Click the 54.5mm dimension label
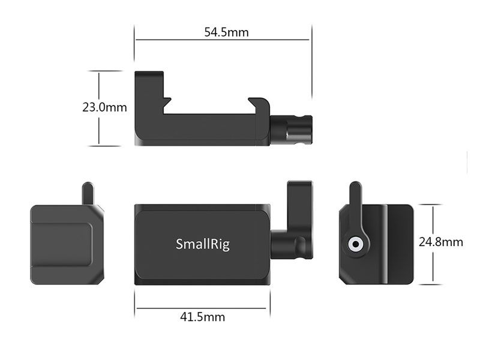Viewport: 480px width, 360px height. click(226, 32)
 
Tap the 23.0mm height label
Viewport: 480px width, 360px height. click(104, 107)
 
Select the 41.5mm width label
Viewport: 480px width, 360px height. click(202, 317)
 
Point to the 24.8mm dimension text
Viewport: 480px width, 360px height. click(441, 242)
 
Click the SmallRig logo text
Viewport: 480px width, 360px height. click(203, 244)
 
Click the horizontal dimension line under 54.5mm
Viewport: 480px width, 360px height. click(222, 40)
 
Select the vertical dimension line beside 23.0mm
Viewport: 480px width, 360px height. click(99, 109)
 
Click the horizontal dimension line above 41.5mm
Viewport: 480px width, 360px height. click(201, 308)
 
